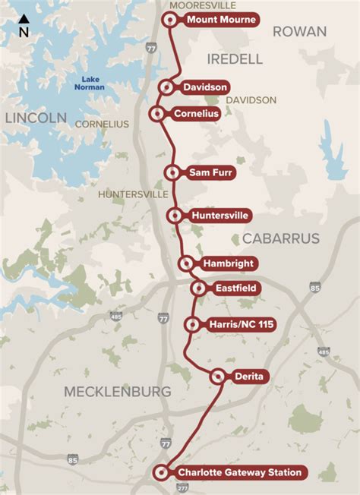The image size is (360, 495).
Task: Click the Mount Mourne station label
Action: (221, 20)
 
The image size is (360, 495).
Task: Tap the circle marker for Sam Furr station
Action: (172, 173)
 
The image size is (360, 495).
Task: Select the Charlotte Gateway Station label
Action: (239, 473)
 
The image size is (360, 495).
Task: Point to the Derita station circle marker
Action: (218, 375)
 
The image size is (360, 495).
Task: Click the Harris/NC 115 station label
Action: (241, 325)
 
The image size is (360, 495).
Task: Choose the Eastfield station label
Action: (236, 288)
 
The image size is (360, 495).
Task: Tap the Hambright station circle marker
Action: (186, 263)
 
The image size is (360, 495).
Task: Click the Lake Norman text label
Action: (90, 83)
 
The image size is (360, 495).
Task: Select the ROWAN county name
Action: (299, 31)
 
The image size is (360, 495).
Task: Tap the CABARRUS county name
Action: (281, 238)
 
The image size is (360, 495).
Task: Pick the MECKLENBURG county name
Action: (118, 392)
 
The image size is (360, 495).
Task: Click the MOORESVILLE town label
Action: (198, 5)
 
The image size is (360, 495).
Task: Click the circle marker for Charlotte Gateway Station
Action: (160, 473)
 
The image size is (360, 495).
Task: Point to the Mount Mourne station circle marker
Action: (169, 20)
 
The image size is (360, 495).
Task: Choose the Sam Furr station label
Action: (211, 173)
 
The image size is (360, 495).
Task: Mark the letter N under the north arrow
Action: (24, 33)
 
